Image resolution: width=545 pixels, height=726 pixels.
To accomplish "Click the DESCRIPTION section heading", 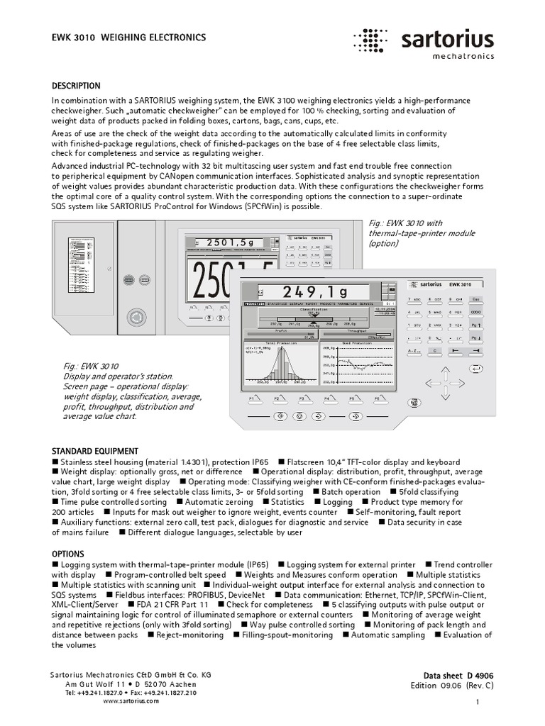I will point(77,86).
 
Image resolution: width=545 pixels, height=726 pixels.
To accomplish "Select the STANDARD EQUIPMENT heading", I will point(95,451).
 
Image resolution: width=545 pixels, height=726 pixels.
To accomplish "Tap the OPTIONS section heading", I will point(68,553).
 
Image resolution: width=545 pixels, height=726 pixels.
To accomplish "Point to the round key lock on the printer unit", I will point(133,315).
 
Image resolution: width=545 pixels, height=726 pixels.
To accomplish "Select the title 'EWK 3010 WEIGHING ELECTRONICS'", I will point(130,37).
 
